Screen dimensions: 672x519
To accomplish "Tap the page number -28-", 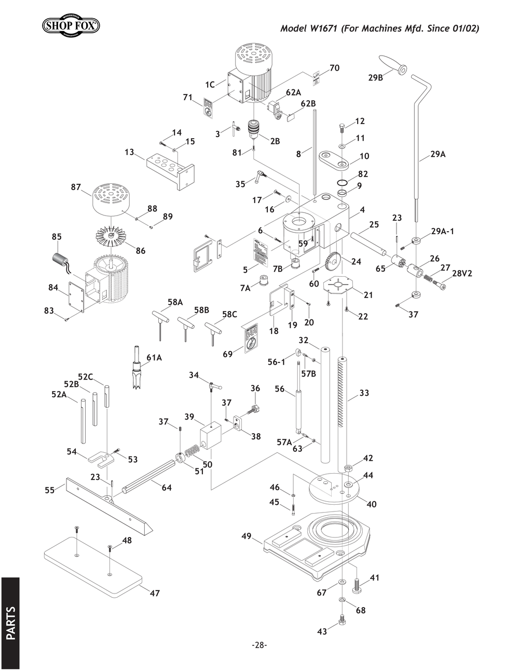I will click(x=259, y=645).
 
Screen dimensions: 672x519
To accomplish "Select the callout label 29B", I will click(x=376, y=78).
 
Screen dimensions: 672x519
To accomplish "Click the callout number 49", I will click(x=247, y=535).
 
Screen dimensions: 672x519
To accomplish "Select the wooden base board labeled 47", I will click(x=93, y=567).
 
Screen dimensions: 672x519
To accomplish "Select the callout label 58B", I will click(x=201, y=310).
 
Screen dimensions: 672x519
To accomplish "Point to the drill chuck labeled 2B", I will click(x=254, y=129).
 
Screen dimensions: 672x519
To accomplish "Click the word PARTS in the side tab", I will click(x=10, y=623).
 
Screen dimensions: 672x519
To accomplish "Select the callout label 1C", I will click(x=210, y=84).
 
